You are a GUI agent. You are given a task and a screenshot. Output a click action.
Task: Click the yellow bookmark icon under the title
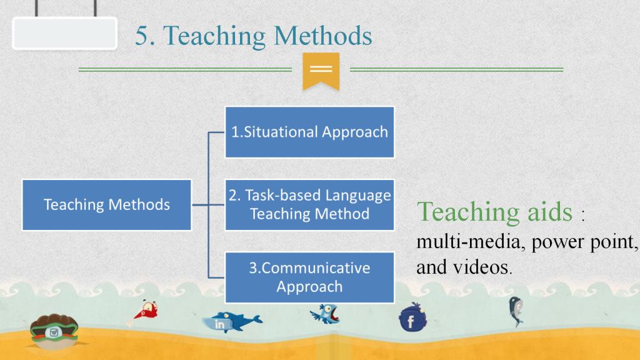pyautogui.click(x=321, y=71)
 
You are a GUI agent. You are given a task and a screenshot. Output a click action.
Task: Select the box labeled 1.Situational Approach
pyautogui.click(x=309, y=132)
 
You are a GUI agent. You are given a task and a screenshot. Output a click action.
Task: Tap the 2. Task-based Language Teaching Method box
pyautogui.click(x=309, y=205)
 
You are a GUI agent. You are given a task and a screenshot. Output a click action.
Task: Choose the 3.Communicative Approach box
pyautogui.click(x=309, y=277)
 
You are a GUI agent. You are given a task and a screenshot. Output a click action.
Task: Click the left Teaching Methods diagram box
pyautogui.click(x=106, y=205)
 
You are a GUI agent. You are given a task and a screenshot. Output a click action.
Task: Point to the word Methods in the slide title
pyautogui.click(x=323, y=36)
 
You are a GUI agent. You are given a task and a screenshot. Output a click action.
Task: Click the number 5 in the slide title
pyautogui.click(x=141, y=36)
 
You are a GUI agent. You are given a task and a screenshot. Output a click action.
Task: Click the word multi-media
pyautogui.click(x=468, y=242)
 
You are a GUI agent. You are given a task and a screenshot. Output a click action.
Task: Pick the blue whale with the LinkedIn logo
pyautogui.click(x=232, y=322)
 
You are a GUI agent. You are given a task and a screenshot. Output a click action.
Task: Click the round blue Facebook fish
pyautogui.click(x=412, y=318)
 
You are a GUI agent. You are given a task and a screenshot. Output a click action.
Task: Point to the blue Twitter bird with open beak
pyautogui.click(x=325, y=314)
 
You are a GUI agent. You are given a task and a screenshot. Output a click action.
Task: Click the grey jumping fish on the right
pyautogui.click(x=516, y=311)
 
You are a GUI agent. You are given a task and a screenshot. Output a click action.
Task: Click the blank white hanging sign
pyautogui.click(x=65, y=34)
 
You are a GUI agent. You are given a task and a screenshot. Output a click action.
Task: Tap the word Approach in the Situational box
pyautogui.click(x=355, y=132)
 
